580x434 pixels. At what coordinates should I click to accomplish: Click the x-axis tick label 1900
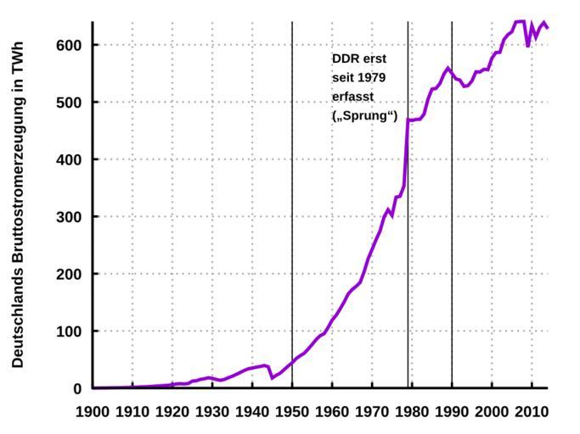93,412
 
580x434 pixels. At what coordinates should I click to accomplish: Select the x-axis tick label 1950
292,412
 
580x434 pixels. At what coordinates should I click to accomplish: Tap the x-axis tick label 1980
412,412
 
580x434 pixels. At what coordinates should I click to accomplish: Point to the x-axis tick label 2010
532,412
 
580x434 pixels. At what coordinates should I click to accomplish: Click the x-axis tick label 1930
212,412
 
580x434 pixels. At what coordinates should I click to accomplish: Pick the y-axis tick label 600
69,45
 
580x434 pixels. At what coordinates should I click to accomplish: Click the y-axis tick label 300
69,217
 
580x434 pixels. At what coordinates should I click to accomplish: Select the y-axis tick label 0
77,389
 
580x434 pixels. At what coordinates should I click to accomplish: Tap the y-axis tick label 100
69,331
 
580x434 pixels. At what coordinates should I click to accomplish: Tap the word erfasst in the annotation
352,97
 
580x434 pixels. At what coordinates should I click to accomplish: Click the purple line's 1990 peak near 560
448,67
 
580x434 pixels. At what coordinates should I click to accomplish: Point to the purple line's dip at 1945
272,378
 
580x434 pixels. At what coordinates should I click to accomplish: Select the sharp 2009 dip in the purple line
527,46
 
